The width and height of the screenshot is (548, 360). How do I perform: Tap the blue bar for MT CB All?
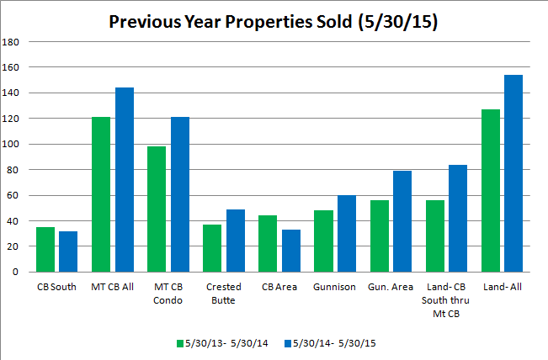tap(125, 179)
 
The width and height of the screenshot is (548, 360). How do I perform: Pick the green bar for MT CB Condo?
tap(157, 209)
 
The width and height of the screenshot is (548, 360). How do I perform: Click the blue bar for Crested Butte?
tap(237, 241)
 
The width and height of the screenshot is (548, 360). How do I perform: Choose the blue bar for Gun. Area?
tap(403, 221)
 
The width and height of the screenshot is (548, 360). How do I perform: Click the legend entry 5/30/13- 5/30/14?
tap(222, 343)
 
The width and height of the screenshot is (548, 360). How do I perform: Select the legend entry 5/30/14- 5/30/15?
tap(329, 343)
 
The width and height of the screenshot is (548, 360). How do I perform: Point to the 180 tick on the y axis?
tap(12, 41)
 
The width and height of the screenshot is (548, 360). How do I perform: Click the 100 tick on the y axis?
tap(12, 144)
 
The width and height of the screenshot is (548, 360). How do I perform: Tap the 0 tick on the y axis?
tap(17, 273)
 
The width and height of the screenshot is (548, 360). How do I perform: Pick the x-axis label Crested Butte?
tap(224, 292)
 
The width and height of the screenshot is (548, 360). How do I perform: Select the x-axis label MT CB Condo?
tap(168, 292)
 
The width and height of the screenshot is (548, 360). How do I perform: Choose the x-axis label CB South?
tap(56, 287)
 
